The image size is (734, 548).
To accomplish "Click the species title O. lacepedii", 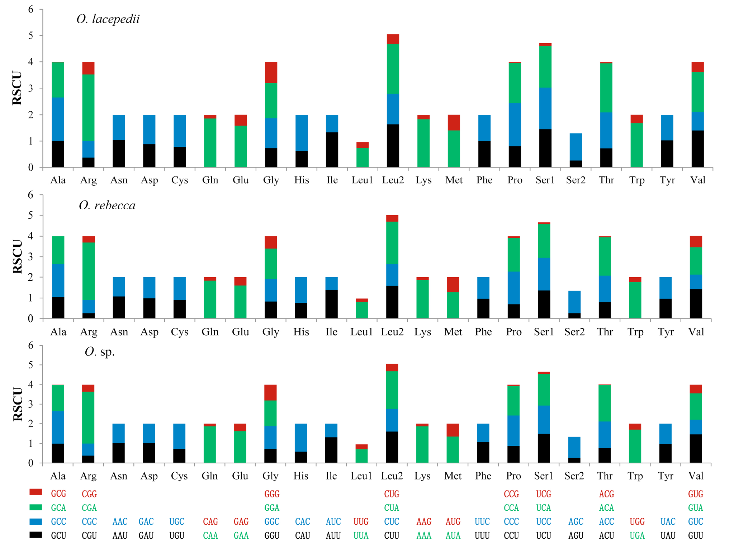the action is [108, 19].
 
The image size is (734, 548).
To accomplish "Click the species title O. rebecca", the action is [107, 205].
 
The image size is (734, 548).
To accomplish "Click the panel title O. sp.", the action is [100, 352].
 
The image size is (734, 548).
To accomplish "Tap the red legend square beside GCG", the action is [35, 492].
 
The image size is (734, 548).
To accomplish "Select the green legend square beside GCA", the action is [35, 507].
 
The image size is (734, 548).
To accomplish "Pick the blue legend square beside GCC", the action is [35, 521].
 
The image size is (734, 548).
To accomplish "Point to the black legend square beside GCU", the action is [35, 535].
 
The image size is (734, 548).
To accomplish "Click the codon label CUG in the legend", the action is [392, 494].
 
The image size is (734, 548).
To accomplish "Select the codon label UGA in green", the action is [637, 535].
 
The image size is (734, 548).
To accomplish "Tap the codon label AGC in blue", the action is [576, 521].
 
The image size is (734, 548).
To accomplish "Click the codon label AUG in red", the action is [453, 521].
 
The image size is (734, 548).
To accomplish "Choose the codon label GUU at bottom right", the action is [696, 535].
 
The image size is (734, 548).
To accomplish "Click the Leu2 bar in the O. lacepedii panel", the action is [393, 101].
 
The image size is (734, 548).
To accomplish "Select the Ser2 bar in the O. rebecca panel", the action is [574, 304].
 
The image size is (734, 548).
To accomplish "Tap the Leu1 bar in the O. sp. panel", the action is [361, 454].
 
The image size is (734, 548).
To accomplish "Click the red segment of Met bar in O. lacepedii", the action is [454, 123].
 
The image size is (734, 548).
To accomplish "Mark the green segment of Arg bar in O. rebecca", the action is [89, 271].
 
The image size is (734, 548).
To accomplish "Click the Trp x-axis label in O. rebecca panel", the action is [635, 332].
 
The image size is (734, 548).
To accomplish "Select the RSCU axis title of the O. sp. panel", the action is [18, 404].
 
